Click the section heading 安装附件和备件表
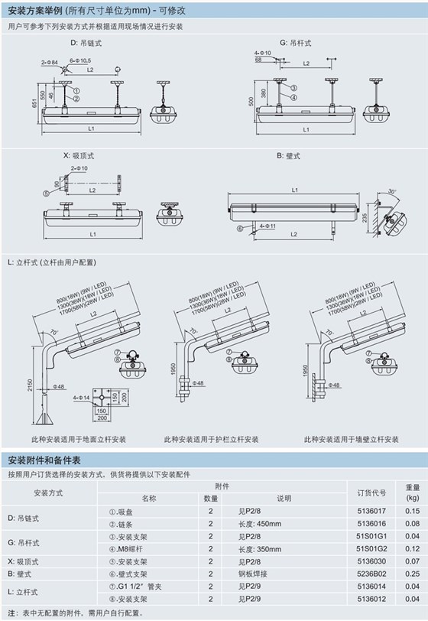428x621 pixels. click(49, 460)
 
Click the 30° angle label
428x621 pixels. click(392, 191)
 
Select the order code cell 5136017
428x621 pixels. click(371, 511)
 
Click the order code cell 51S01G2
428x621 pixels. click(371, 548)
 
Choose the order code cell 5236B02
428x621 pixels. click(371, 573)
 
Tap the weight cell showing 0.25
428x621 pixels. click(412, 573)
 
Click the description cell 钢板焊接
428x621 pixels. click(254, 573)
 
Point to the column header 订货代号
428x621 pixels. click(371, 492)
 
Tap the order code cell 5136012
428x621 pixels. click(371, 597)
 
